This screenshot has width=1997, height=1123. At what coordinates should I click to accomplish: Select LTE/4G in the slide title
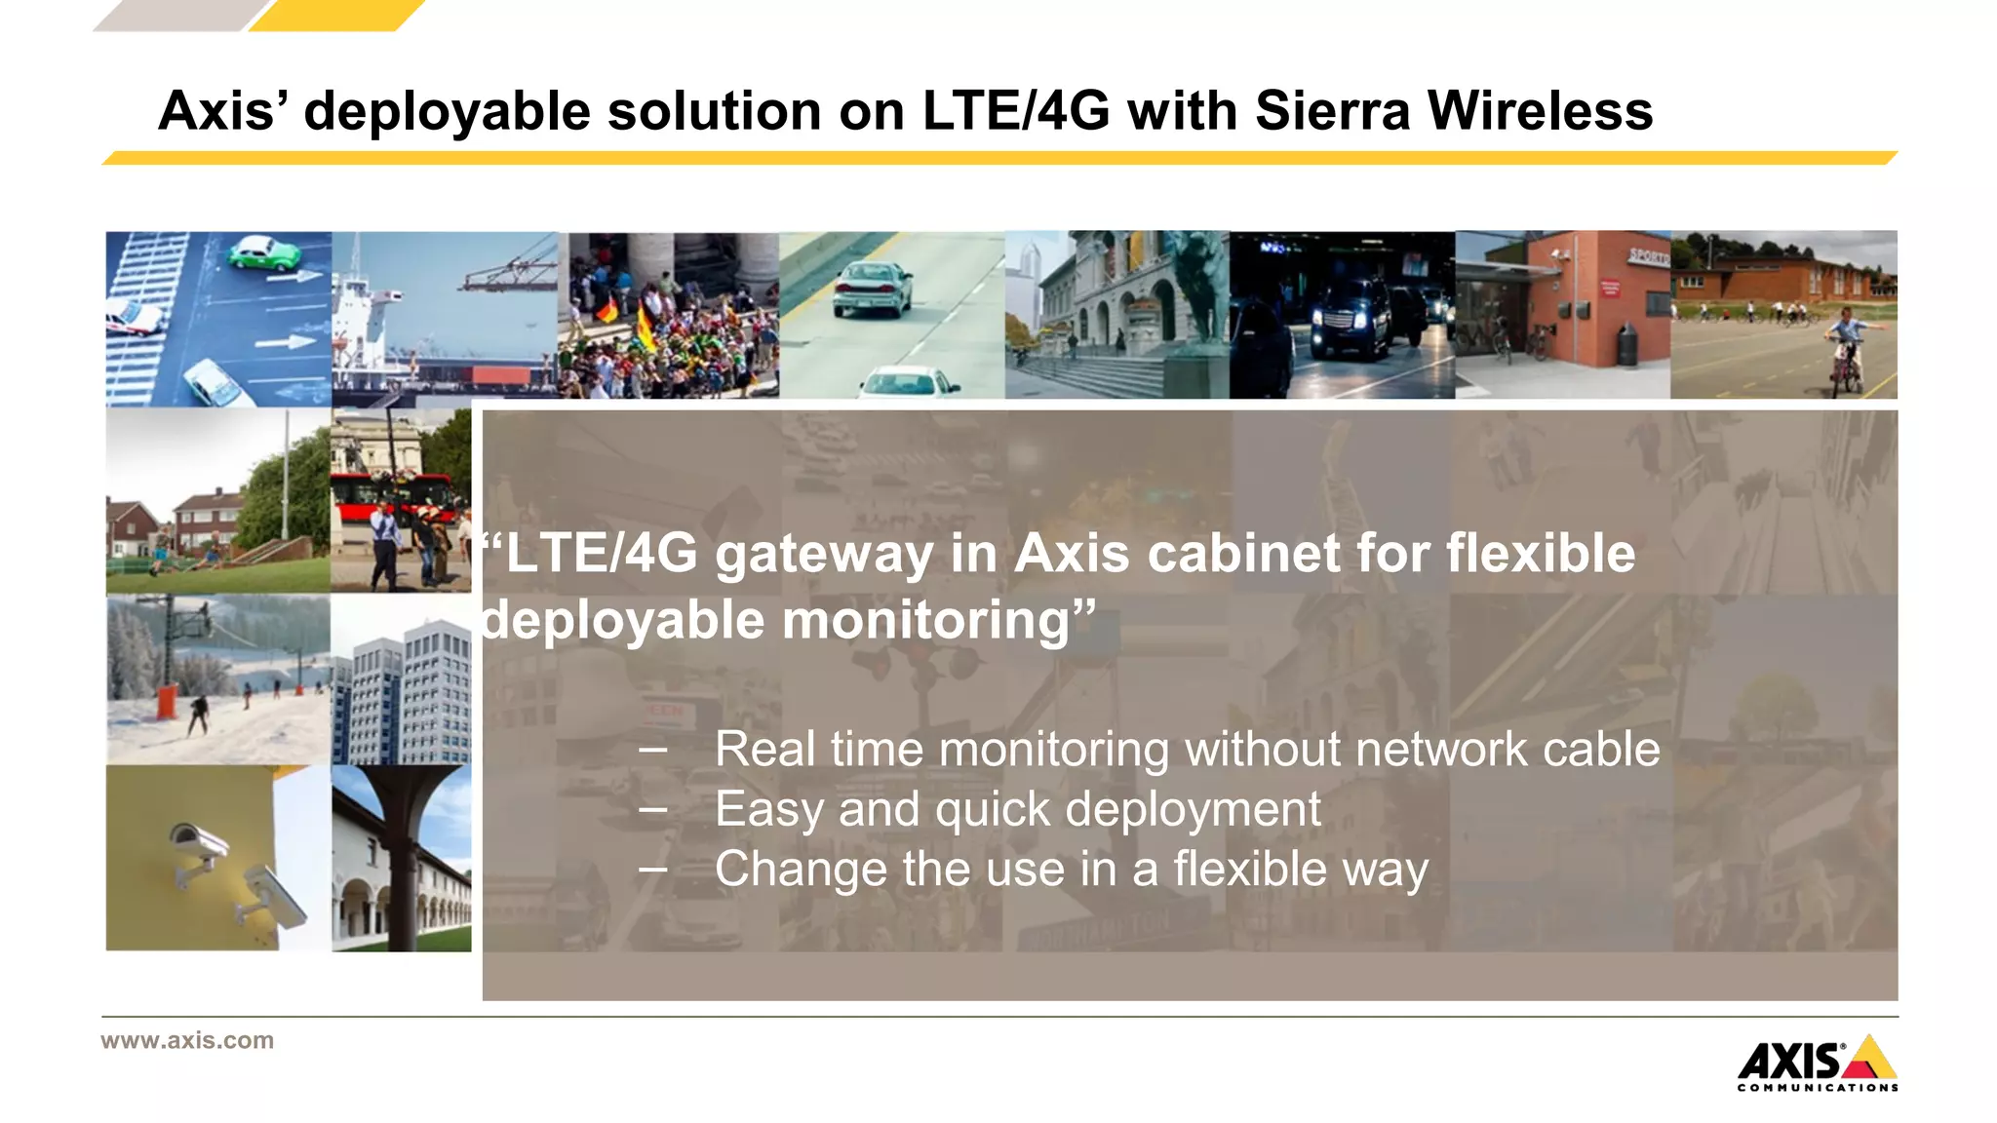point(1015,110)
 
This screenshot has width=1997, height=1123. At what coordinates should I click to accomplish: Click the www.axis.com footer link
point(187,1040)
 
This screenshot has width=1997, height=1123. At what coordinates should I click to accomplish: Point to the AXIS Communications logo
point(1817,1064)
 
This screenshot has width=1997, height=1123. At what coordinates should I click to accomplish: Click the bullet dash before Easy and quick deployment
point(653,810)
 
